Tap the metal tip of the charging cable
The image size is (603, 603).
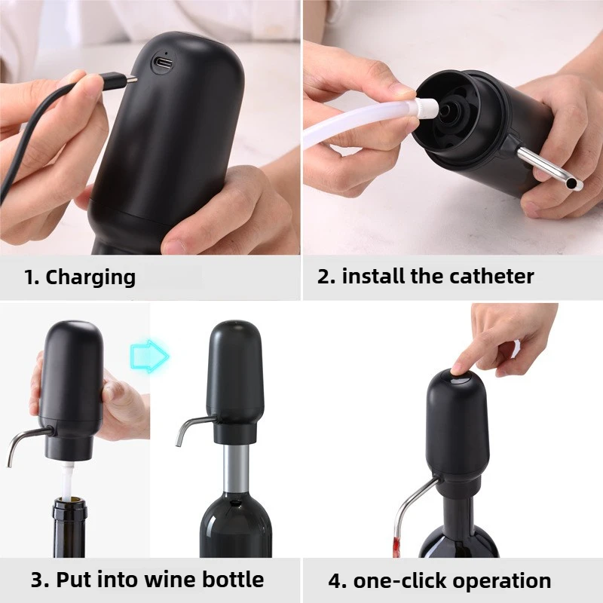coord(131,78)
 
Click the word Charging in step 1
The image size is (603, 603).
coord(90,277)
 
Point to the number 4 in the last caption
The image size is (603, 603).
coord(335,581)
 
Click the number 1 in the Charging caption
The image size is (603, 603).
coord(30,277)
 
